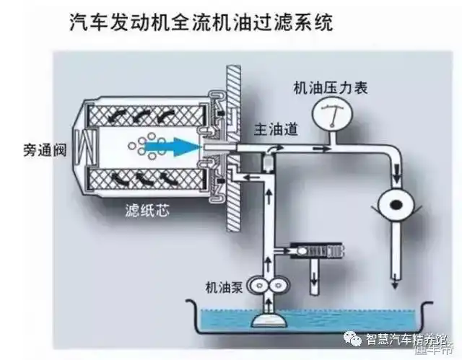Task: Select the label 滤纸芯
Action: point(141,212)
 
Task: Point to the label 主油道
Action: point(274,128)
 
